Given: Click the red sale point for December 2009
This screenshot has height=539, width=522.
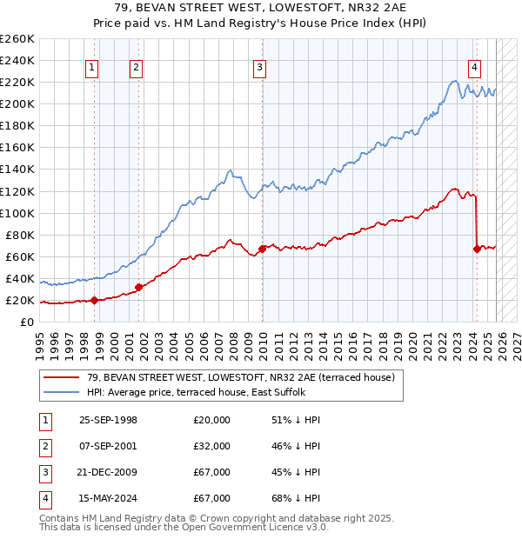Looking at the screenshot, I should (x=263, y=249).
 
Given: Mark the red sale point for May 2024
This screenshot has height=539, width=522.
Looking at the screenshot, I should (x=477, y=249).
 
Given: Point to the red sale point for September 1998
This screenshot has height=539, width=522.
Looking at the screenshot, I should (x=94, y=300).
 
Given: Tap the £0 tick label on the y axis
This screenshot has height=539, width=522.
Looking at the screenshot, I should (x=26, y=322).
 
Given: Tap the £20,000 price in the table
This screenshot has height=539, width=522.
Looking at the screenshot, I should (x=211, y=419).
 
